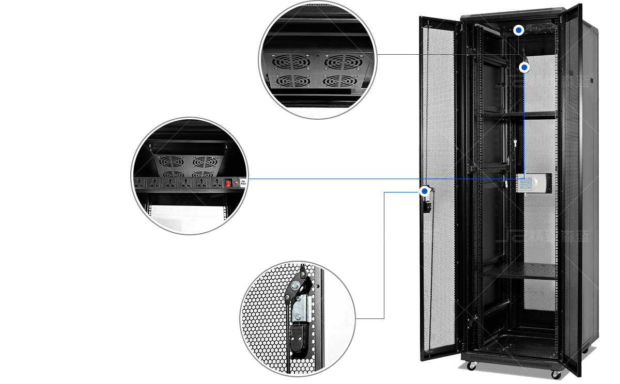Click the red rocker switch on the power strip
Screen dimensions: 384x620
point(228,182)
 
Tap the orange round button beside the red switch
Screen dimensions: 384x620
point(236,182)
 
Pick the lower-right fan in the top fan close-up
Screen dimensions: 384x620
point(342,81)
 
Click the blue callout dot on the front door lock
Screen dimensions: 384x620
point(425,191)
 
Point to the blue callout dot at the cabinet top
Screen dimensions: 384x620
point(519,30)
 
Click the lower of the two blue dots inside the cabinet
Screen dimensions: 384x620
point(524,67)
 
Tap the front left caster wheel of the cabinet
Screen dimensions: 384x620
point(472,366)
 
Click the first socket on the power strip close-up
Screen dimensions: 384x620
point(139,183)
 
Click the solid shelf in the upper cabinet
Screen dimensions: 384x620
point(517,114)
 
